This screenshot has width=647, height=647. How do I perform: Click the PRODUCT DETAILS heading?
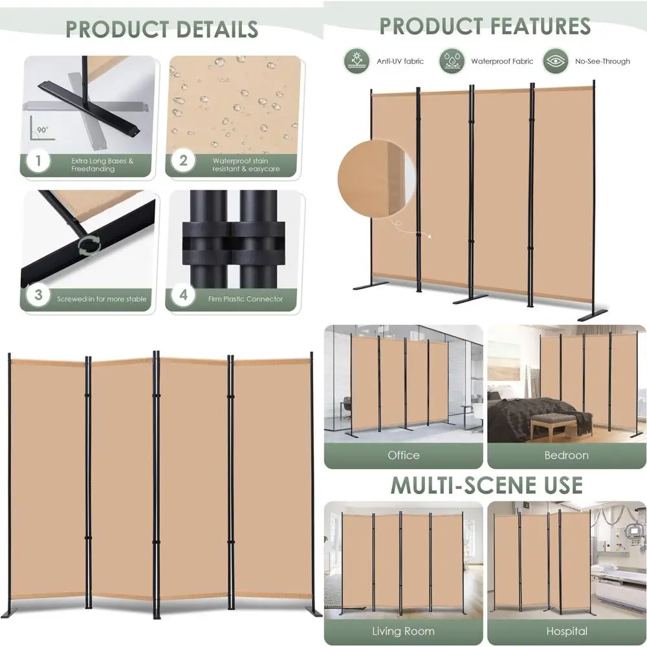(x=162, y=29)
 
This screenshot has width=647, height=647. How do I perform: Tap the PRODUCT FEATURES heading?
(x=485, y=26)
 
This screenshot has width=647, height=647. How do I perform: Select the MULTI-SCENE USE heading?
(x=485, y=485)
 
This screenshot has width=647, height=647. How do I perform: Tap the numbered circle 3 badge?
(x=39, y=296)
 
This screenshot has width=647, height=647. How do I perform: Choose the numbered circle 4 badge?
(x=183, y=296)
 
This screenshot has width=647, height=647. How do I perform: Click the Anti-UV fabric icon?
(x=356, y=61)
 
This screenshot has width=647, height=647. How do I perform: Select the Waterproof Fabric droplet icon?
(x=452, y=61)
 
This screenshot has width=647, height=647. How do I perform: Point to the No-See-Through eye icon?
(x=556, y=61)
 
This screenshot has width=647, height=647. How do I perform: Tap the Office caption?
(x=403, y=455)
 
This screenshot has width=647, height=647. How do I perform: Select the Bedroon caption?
(x=566, y=455)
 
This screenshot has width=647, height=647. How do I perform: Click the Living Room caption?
(x=403, y=631)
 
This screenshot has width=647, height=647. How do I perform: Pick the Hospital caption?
(x=566, y=631)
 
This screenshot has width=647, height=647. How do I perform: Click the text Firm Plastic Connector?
(x=245, y=299)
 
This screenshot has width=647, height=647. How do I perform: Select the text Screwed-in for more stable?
(x=102, y=299)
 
